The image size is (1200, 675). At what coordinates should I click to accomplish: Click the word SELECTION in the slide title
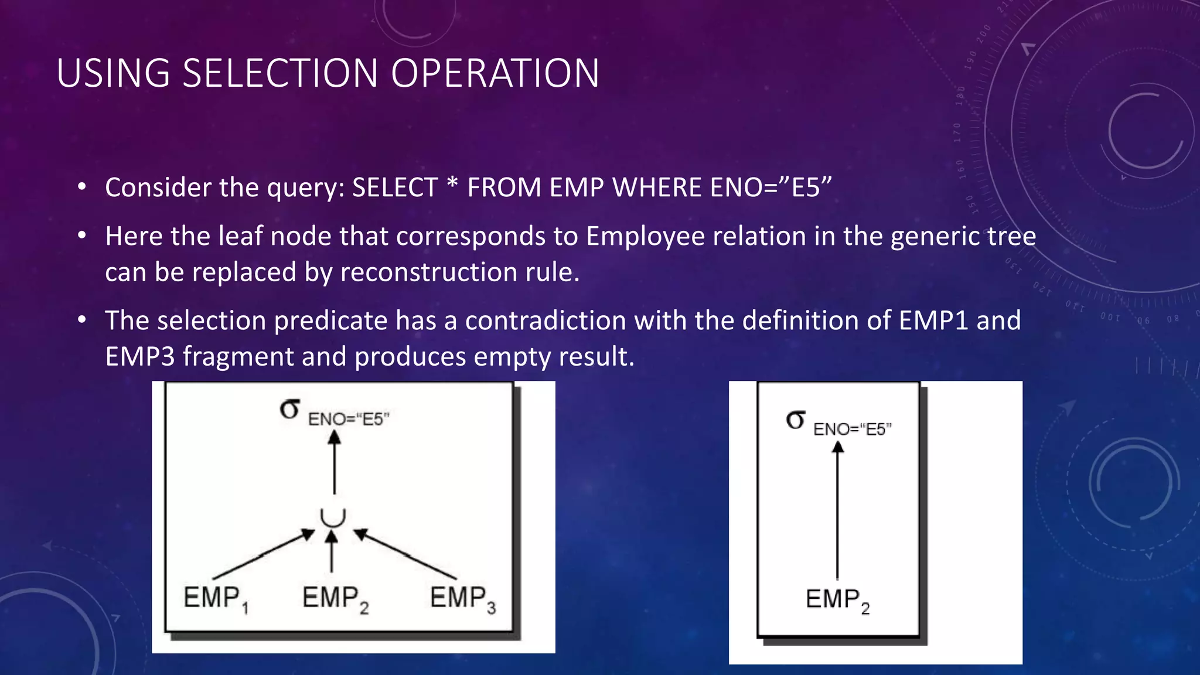279,74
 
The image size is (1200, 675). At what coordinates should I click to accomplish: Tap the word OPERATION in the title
495,74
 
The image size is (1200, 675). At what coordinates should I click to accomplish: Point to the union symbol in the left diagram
333,517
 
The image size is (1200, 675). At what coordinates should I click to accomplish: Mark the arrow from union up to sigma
334,463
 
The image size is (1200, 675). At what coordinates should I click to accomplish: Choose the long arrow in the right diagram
838,510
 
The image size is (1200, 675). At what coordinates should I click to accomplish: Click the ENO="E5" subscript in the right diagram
852,429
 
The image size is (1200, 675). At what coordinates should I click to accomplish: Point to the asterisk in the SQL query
451,183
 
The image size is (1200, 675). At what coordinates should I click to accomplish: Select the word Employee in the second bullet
646,237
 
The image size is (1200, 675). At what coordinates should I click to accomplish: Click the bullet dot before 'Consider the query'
82,187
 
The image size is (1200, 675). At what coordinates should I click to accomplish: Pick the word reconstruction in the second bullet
429,272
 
